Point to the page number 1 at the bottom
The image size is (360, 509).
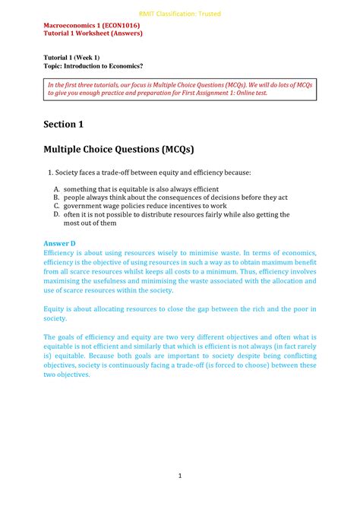(x=180, y=476)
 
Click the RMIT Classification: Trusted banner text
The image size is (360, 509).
(x=180, y=13)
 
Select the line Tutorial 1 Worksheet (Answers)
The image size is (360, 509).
(x=93, y=33)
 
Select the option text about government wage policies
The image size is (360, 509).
(x=144, y=206)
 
